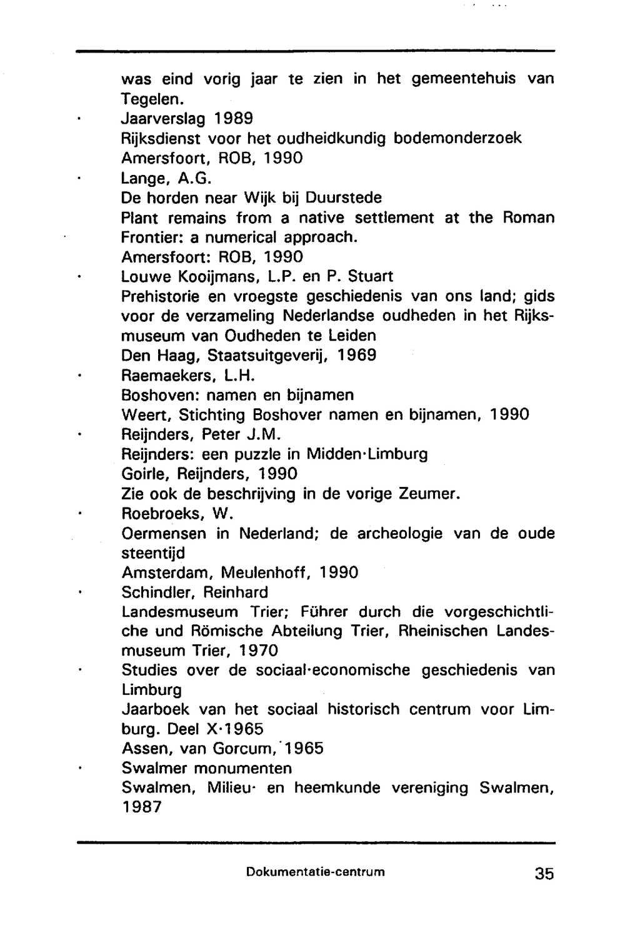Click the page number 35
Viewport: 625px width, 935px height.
pos(544,873)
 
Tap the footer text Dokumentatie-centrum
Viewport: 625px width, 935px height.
pos(316,871)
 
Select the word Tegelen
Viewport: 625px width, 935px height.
pos(151,99)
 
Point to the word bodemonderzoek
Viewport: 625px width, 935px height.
pos(457,138)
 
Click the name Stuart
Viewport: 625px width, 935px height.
pos(370,276)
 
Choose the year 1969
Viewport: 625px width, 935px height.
pos(356,355)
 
